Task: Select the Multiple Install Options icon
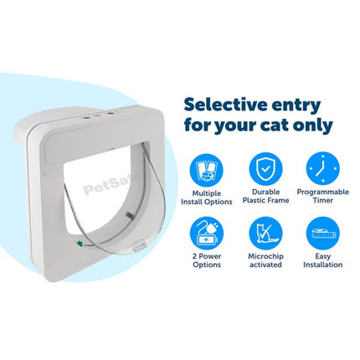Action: coord(206,169)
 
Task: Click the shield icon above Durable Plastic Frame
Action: coord(265,169)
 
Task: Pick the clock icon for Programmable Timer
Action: coord(323,168)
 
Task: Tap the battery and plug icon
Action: coord(206,234)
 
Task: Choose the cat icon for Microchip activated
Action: coord(265,234)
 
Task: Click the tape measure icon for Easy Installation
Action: coord(323,234)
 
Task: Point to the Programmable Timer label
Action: coord(323,196)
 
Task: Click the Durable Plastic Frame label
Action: coord(265,196)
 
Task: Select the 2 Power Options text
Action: coord(207,260)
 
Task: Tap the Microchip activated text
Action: coord(265,260)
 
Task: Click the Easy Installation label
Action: coord(323,260)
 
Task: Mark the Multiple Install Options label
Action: coord(207,198)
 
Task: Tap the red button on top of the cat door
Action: coord(111,113)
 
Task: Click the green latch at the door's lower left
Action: coord(80,243)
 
